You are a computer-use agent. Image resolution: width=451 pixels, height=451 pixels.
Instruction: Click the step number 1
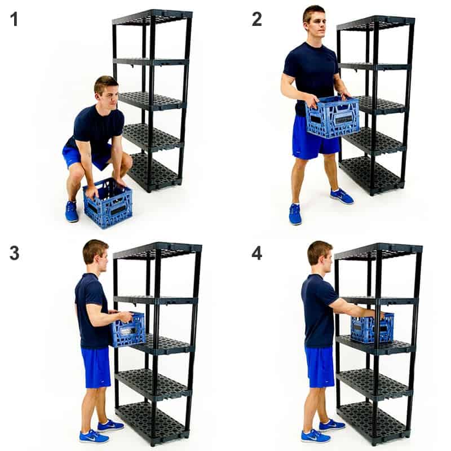click(14, 19)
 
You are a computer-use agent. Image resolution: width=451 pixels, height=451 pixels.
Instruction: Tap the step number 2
click(257, 19)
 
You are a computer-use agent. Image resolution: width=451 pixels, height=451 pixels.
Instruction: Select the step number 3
click(15, 253)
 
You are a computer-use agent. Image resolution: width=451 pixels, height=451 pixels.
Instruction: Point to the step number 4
click(257, 253)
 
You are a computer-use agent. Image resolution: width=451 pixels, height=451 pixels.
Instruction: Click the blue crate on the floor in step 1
click(108, 203)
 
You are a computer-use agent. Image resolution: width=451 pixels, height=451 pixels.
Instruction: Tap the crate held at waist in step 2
click(333, 117)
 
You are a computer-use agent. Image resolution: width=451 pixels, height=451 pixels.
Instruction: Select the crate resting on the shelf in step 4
click(372, 328)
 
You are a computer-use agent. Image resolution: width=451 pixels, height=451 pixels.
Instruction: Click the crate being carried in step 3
click(127, 330)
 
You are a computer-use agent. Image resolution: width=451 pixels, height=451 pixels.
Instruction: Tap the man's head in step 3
click(96, 256)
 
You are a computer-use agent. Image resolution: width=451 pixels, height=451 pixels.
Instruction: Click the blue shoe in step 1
click(72, 211)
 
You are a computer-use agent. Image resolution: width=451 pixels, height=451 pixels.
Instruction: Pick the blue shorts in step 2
click(316, 138)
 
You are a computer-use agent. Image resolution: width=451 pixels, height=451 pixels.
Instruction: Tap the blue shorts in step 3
click(96, 368)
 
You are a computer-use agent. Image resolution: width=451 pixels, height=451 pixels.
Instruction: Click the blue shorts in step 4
click(320, 367)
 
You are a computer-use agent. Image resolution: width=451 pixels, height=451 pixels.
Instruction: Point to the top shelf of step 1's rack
click(152, 17)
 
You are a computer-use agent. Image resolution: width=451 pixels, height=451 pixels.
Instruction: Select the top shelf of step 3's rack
click(157, 250)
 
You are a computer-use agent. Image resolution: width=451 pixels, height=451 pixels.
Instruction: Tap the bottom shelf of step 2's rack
click(372, 174)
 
